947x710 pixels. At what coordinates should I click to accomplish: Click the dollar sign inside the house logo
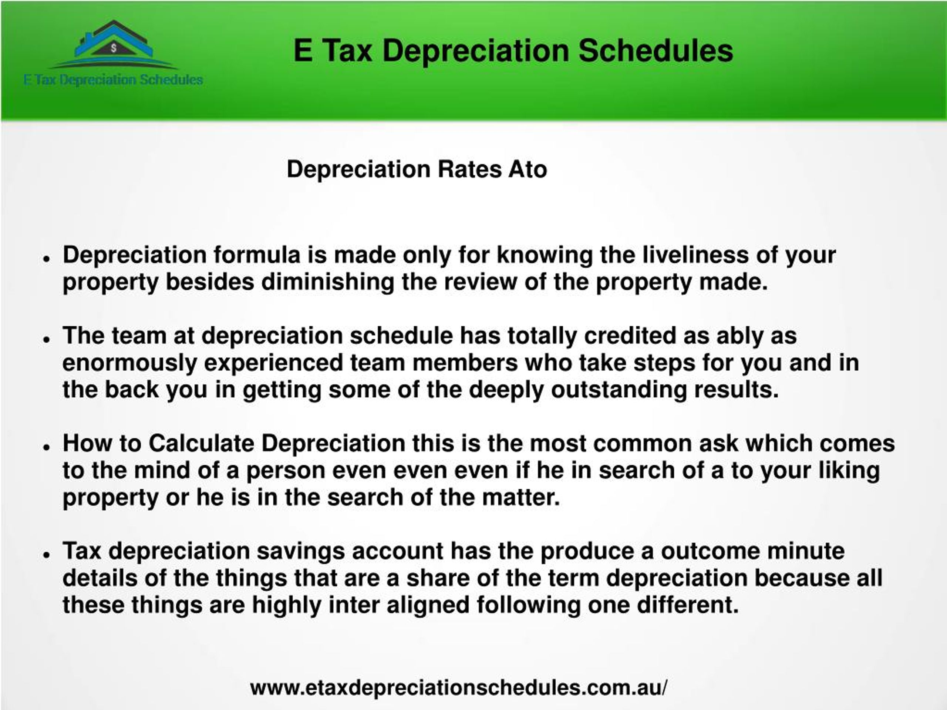coord(114,48)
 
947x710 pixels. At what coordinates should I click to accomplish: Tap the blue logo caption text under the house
coord(114,80)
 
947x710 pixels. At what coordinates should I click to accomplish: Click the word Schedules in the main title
coord(656,51)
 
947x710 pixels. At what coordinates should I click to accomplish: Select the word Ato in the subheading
coord(528,169)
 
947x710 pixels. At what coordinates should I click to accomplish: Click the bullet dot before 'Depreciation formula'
coord(47,259)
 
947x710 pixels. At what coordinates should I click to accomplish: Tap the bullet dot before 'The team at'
coord(47,339)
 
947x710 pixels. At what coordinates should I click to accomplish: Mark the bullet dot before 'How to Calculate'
coord(47,447)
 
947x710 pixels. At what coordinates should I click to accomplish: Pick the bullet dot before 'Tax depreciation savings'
coord(47,554)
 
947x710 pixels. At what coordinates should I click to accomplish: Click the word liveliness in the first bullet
coord(695,255)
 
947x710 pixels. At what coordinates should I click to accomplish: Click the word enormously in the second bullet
coord(129,363)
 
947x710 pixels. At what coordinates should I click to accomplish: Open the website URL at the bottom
coord(458,688)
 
